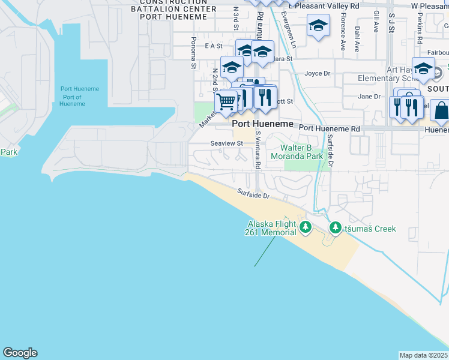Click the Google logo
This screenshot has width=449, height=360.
coord(20,353)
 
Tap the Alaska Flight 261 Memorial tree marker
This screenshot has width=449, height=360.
coord(306,227)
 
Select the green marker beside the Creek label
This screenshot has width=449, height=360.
coord(334,228)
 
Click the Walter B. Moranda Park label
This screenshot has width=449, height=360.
coord(306,152)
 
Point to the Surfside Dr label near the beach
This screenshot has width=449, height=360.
coord(253,194)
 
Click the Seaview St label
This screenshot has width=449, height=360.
coord(226,143)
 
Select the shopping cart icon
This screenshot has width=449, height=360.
coord(226,101)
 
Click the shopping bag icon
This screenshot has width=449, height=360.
coord(441,111)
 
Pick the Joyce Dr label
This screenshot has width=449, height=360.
coord(318,74)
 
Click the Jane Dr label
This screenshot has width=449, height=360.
coord(369,96)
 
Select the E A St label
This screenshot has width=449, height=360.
coord(214,46)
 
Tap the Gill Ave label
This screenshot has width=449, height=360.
coord(376,21)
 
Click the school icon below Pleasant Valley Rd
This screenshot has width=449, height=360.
coord(318,26)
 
